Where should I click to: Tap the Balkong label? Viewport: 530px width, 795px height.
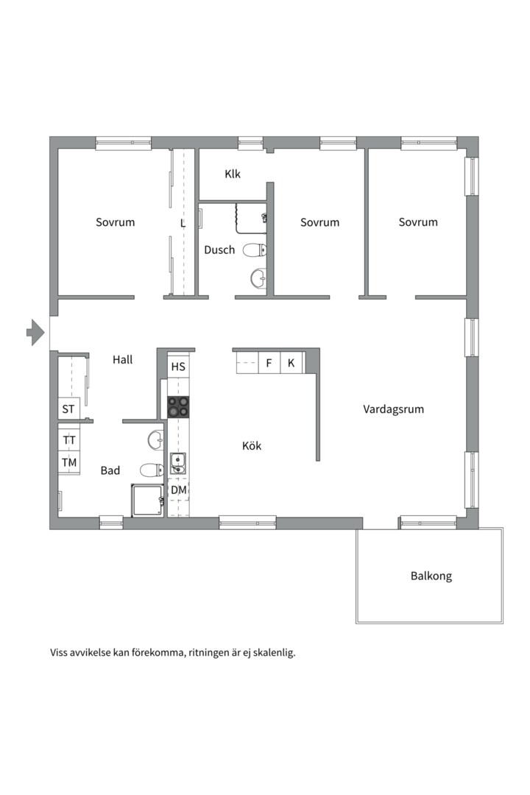click(431, 576)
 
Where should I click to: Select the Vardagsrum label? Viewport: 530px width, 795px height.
click(393, 409)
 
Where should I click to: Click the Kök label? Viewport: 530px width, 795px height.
click(252, 445)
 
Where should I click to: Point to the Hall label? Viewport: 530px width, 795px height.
click(123, 360)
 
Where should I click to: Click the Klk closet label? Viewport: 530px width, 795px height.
click(233, 174)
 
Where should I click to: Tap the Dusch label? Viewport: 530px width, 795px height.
click(219, 250)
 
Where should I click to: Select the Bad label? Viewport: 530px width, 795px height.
click(110, 470)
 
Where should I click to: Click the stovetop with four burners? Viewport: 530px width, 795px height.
click(178, 406)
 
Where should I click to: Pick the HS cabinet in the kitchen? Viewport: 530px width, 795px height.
click(178, 367)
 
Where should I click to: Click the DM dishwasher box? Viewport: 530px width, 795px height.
click(178, 490)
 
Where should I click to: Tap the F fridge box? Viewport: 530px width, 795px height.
click(269, 363)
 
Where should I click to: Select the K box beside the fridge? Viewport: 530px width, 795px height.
click(291, 363)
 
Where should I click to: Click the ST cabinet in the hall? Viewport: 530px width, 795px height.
click(68, 409)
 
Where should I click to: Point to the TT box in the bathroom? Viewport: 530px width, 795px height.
click(69, 440)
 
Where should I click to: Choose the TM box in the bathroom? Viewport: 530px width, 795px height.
click(69, 462)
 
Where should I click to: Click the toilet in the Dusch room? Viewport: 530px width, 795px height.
click(254, 250)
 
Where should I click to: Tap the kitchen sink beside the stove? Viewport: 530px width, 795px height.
click(178, 463)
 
